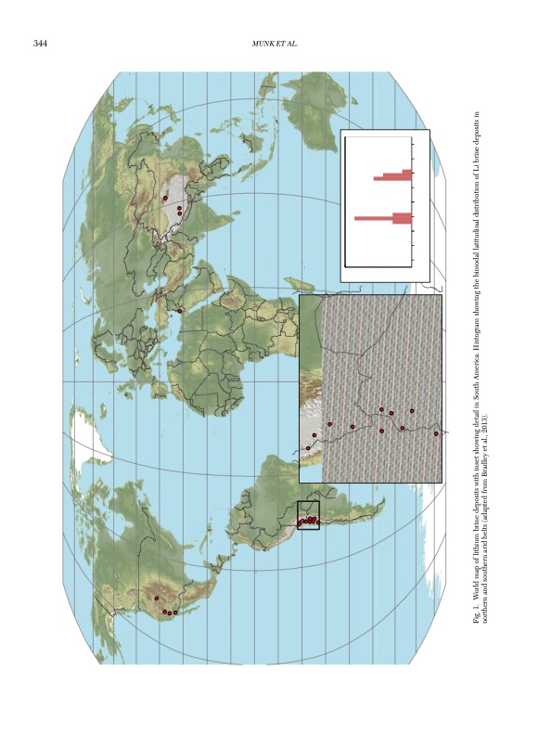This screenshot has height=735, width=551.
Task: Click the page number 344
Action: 40,44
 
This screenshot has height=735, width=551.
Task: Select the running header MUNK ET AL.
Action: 275,44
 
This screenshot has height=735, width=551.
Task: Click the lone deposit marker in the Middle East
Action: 179,310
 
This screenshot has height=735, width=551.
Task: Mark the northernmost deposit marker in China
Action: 165,198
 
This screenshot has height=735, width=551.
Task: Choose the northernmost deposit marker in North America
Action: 156,598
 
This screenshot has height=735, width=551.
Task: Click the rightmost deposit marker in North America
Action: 175,612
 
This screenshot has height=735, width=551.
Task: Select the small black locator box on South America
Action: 308,515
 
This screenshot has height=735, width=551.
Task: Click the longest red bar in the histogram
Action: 382,218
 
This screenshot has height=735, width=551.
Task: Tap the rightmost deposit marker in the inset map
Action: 436,433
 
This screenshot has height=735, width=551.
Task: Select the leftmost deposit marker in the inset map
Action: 308,448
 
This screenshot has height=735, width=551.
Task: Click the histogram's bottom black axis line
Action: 378,266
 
